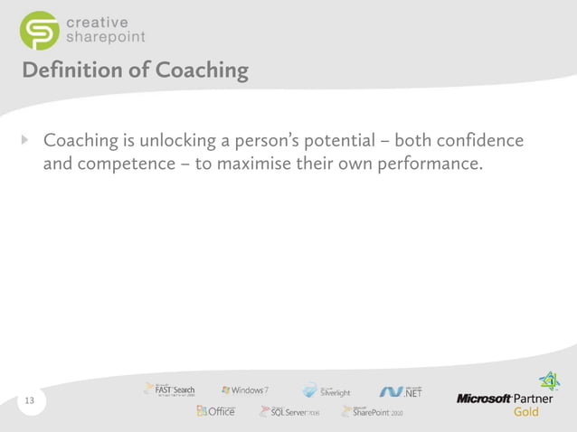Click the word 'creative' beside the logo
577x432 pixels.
pyautogui.click(x=96, y=21)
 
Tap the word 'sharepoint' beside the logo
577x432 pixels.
pyautogui.click(x=105, y=37)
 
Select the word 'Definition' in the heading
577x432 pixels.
pyautogui.click(x=69, y=70)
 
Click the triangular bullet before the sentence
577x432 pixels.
pyautogui.click(x=25, y=141)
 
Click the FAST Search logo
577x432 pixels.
pyautogui.click(x=169, y=389)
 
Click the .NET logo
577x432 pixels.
pyautogui.click(x=402, y=390)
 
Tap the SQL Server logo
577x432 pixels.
pyautogui.click(x=289, y=412)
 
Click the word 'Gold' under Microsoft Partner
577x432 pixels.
pyautogui.click(x=526, y=412)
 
